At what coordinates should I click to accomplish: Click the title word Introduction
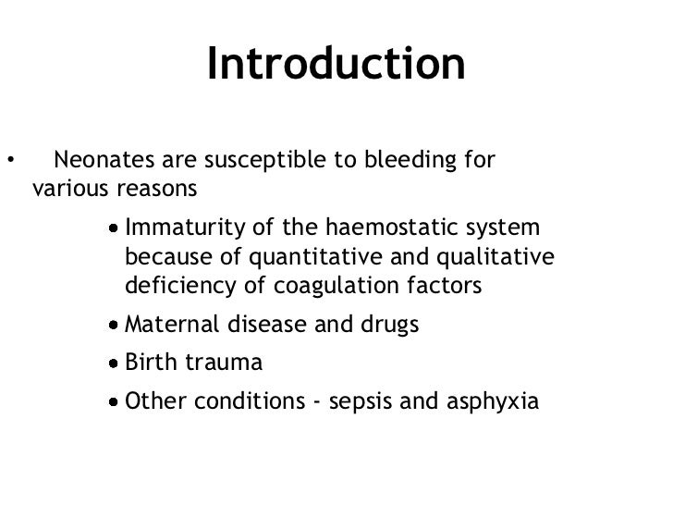pos(336,64)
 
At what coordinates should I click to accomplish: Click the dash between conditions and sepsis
pos(318,403)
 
